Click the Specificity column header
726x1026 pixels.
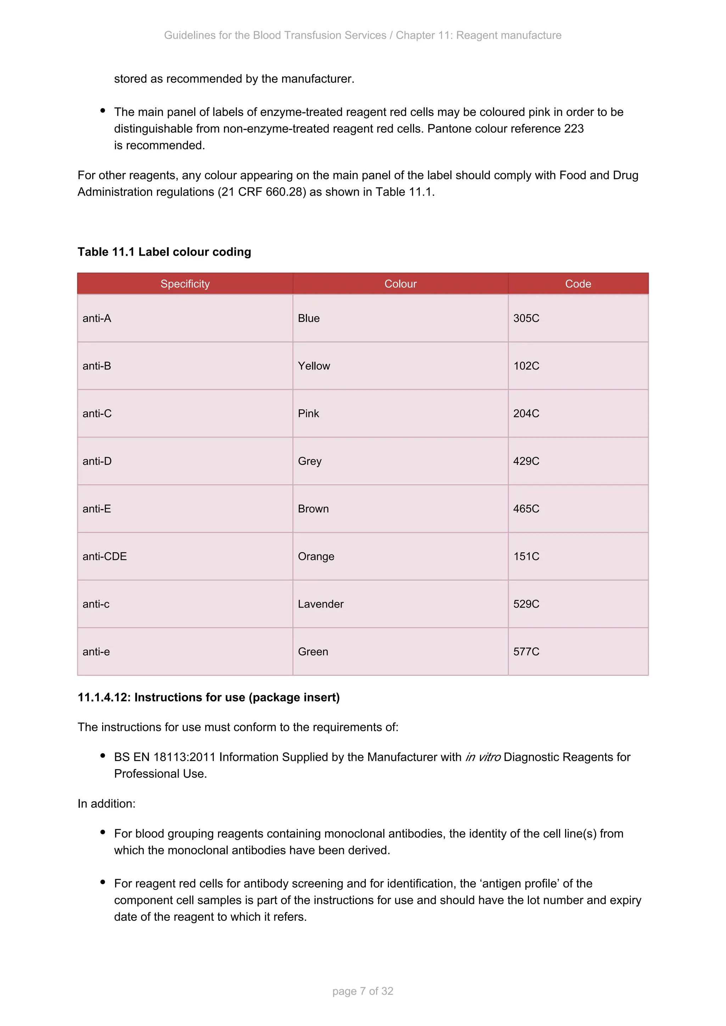pos(185,284)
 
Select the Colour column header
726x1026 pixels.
pos(400,284)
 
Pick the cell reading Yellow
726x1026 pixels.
pos(314,366)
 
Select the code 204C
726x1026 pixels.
pos(526,413)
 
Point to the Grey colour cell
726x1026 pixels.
pos(309,461)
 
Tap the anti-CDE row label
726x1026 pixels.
pos(105,556)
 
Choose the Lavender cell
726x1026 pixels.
pos(320,604)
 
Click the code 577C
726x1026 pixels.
pos(526,652)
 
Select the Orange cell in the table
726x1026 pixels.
pos(316,556)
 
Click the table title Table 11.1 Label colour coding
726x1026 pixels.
pos(164,252)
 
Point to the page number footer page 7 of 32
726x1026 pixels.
pos(363,991)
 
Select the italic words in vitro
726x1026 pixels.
pos(483,757)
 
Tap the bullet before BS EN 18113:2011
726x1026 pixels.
pos(103,756)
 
